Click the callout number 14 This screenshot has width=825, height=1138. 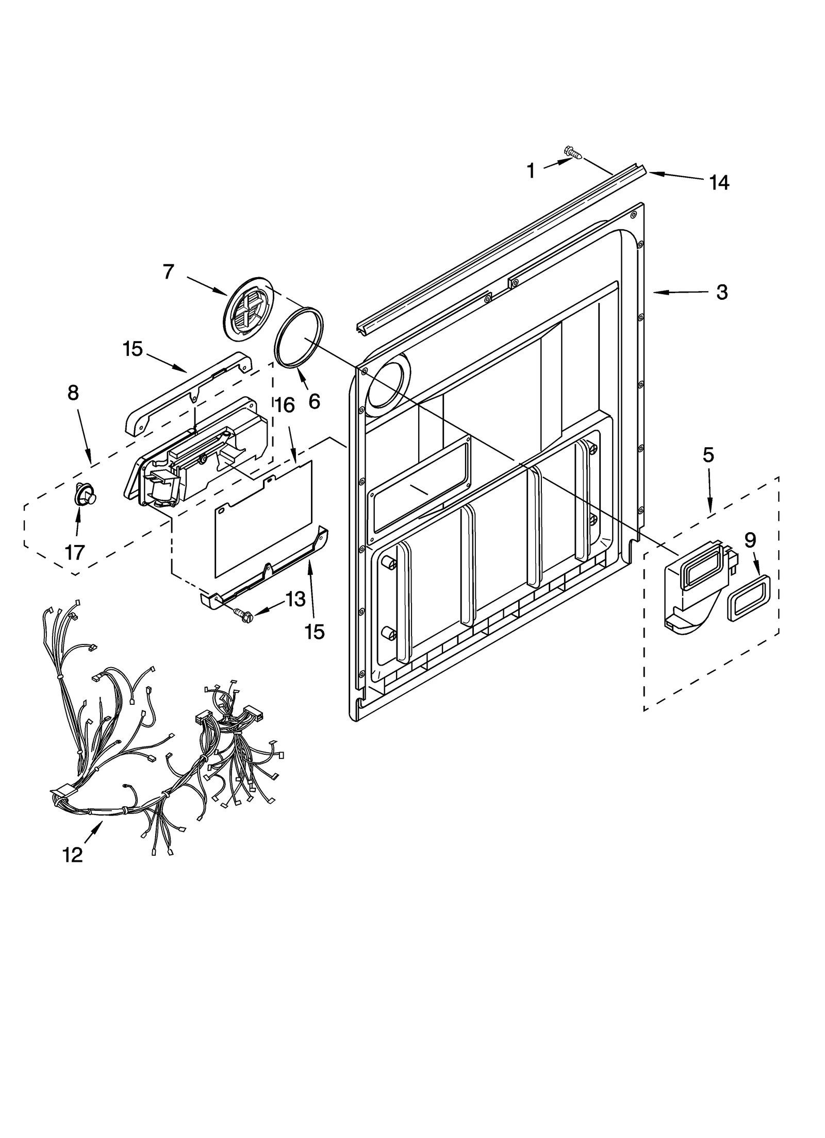[x=719, y=182]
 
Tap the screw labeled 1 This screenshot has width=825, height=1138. [x=574, y=152]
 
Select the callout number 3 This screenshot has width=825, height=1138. [x=722, y=292]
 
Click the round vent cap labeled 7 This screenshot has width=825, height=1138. [x=249, y=309]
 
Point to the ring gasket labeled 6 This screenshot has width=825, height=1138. [x=299, y=337]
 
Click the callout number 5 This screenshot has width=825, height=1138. [x=708, y=455]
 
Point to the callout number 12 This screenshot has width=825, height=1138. [x=72, y=855]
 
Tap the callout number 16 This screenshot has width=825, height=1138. [x=285, y=405]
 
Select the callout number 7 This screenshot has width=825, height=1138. [x=169, y=271]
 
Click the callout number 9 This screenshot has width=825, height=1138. [x=750, y=540]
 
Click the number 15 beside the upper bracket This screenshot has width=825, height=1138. [x=133, y=349]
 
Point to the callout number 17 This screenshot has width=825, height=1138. [x=74, y=552]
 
